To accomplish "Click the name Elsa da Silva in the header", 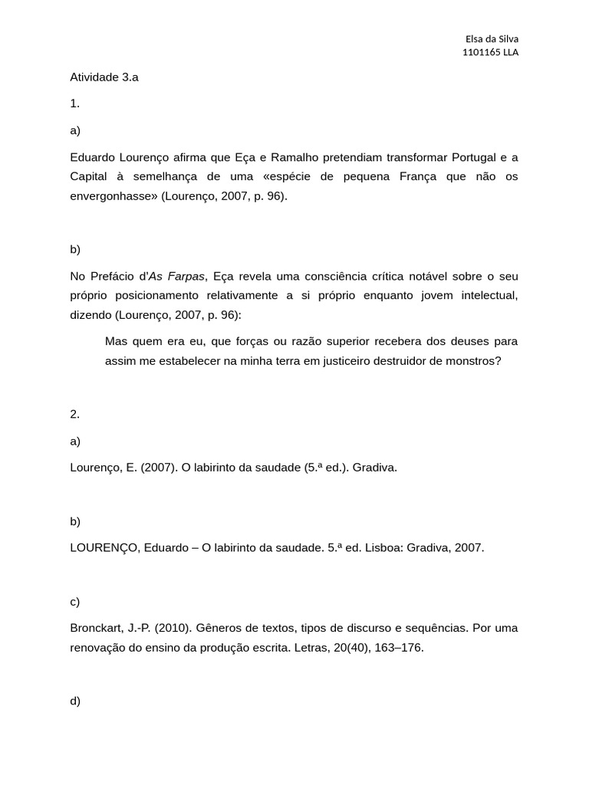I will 492,39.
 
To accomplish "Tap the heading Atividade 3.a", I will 104,77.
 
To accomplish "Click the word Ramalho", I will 293,157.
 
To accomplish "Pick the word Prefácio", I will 112,275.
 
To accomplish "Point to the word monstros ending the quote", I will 473,360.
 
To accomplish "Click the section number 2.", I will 74,413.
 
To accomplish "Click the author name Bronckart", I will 97,627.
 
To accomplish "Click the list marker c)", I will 74,601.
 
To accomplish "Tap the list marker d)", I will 74,700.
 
